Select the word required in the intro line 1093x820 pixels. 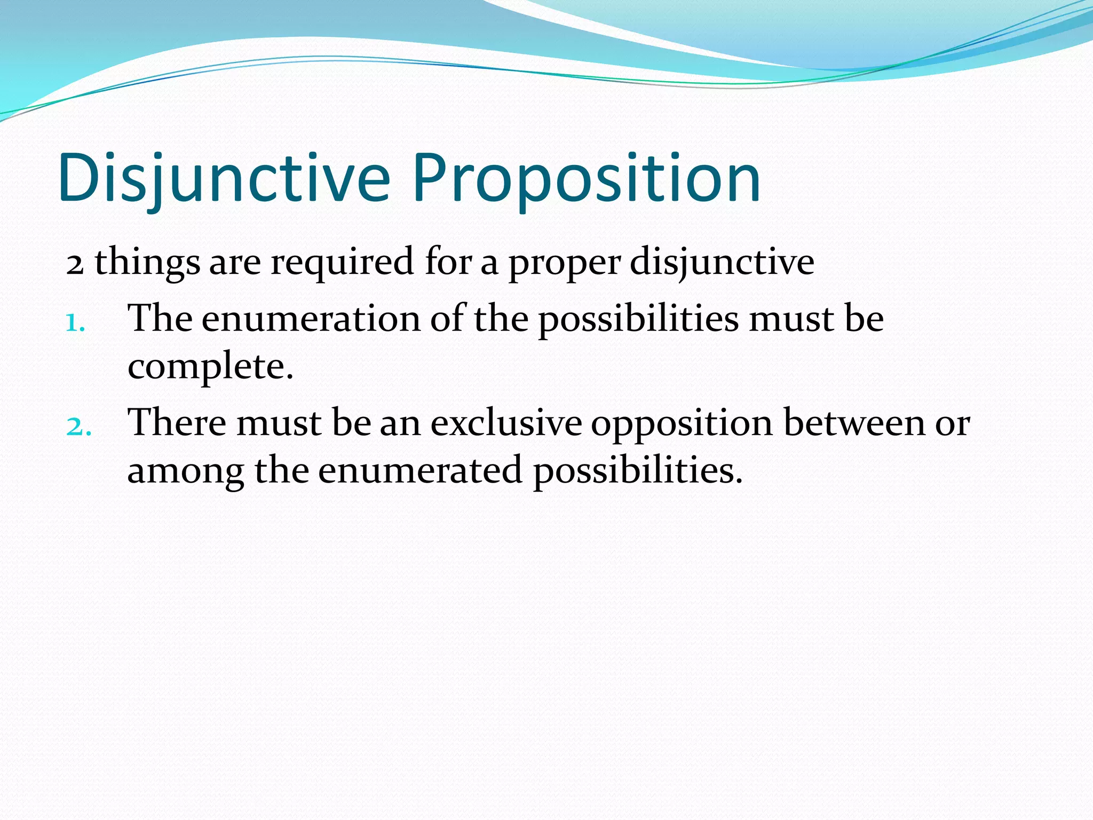(342, 263)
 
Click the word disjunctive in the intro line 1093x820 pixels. (722, 263)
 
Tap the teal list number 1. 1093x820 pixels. (74, 322)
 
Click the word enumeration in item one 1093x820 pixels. (311, 319)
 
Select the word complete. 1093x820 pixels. (210, 368)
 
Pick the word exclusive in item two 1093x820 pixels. (506, 423)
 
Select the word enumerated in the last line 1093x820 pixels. (420, 471)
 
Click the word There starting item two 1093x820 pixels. (177, 423)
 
